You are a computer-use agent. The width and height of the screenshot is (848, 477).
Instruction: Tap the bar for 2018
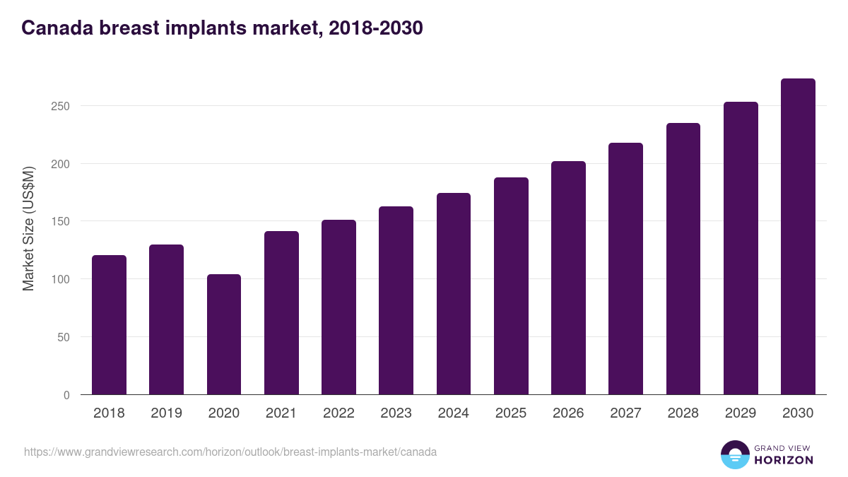[109, 325]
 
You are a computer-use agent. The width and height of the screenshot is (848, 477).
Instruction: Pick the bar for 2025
[511, 286]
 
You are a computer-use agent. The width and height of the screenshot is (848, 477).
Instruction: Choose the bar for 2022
[338, 307]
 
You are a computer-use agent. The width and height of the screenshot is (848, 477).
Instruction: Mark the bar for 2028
[683, 259]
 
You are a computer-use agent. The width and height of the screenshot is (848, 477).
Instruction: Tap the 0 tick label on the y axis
[66, 395]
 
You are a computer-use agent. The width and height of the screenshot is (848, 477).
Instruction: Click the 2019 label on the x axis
[166, 413]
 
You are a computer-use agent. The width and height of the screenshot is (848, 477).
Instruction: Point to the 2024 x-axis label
[453, 413]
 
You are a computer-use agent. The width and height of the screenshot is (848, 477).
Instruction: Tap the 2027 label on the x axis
[625, 413]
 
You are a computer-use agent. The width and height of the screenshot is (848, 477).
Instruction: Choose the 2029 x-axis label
[741, 413]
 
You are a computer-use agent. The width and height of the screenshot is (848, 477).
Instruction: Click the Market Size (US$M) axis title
[28, 228]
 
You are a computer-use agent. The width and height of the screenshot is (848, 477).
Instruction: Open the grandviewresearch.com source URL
[230, 452]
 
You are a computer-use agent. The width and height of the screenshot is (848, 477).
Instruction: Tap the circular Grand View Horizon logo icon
[735, 454]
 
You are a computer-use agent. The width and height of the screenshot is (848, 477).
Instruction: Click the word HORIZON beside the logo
[784, 460]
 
